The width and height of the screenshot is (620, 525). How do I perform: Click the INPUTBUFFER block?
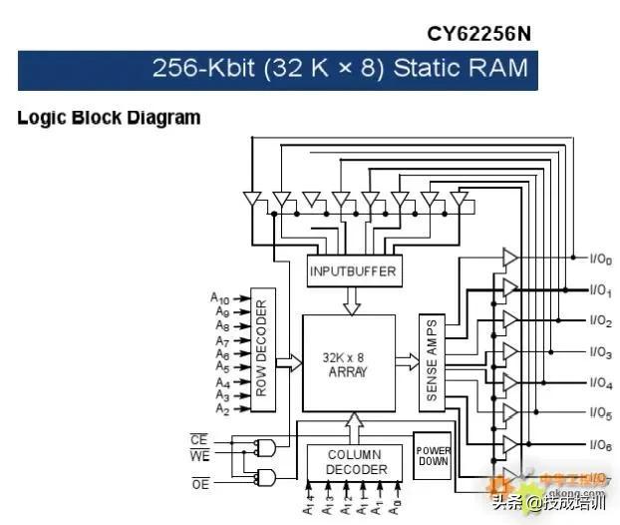pyautogui.click(x=352, y=270)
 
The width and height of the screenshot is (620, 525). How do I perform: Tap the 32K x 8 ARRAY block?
pyautogui.click(x=348, y=363)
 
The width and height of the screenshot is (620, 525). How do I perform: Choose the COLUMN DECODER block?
pyautogui.click(x=355, y=462)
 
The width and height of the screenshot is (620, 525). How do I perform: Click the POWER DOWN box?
pyautogui.click(x=433, y=456)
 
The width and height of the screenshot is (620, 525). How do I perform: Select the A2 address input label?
pyautogui.click(x=220, y=410)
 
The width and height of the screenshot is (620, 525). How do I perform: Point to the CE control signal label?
pyautogui.click(x=199, y=439)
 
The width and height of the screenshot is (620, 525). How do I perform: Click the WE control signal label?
pyautogui.click(x=199, y=456)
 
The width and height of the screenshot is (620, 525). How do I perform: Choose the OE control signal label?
pyautogui.click(x=199, y=484)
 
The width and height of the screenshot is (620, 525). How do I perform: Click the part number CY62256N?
pyautogui.click(x=478, y=34)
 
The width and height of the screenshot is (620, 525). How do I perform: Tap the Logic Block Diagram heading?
pyautogui.click(x=109, y=118)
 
